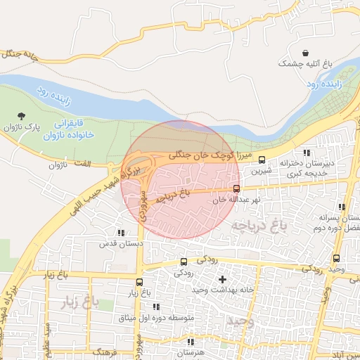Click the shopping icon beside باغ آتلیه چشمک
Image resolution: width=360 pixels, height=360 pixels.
pos(305,53)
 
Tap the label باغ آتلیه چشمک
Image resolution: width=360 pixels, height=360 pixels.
pos(304,64)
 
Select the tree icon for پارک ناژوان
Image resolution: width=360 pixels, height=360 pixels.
pos(24,115)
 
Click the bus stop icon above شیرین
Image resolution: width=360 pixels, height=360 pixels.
pos(262,160)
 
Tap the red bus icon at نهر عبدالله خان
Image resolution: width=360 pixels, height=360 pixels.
pos(236,188)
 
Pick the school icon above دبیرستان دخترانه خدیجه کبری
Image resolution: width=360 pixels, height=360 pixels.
pos(306,153)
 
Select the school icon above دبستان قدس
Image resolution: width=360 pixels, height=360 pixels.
pos(122,233)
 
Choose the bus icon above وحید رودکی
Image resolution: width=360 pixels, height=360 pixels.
pos(336,258)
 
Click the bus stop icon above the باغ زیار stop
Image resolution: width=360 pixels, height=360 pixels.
pos(141,281)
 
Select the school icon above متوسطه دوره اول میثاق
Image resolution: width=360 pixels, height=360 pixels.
pos(155,307)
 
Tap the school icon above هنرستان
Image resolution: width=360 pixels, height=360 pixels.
pos(189,341)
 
